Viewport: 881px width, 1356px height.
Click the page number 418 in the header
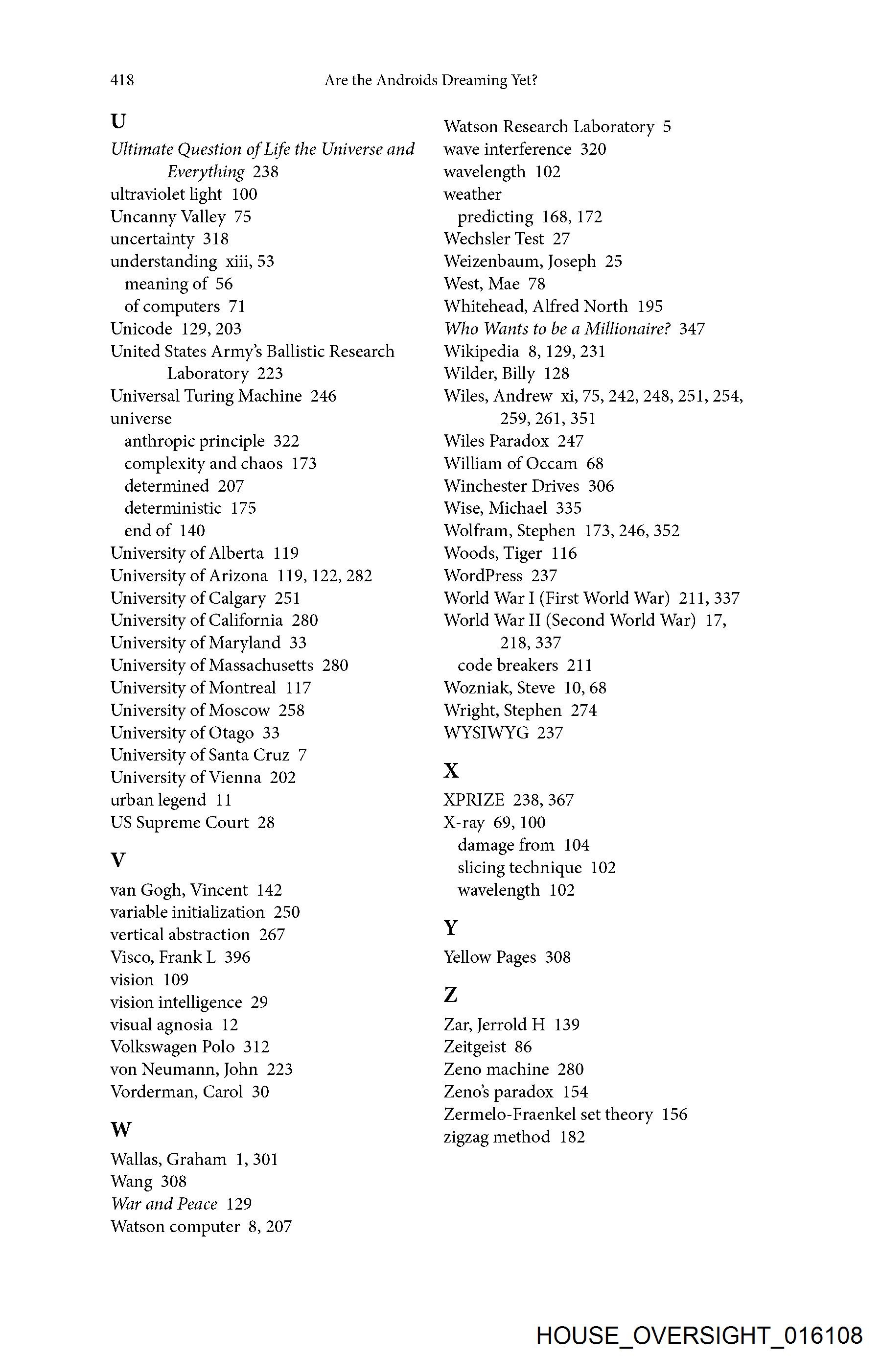(122, 80)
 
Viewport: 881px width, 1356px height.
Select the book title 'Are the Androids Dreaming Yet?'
(431, 80)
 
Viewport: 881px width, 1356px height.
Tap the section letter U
(118, 121)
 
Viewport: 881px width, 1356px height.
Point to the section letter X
(451, 770)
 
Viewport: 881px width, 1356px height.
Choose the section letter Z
(450, 995)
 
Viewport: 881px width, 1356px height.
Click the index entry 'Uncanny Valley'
(168, 216)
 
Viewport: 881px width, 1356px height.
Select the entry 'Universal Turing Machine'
(206, 396)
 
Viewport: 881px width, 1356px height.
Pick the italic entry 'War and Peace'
(164, 1203)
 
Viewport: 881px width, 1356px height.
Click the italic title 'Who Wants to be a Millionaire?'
(557, 329)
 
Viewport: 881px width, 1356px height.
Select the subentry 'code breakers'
(508, 665)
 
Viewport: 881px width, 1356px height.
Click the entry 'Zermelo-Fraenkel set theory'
(548, 1114)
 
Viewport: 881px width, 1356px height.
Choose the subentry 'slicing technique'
(519, 867)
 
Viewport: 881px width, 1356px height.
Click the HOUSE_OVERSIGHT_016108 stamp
(699, 1335)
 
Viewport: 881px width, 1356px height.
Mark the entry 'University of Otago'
(182, 733)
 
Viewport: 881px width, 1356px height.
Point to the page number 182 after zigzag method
(572, 1137)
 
